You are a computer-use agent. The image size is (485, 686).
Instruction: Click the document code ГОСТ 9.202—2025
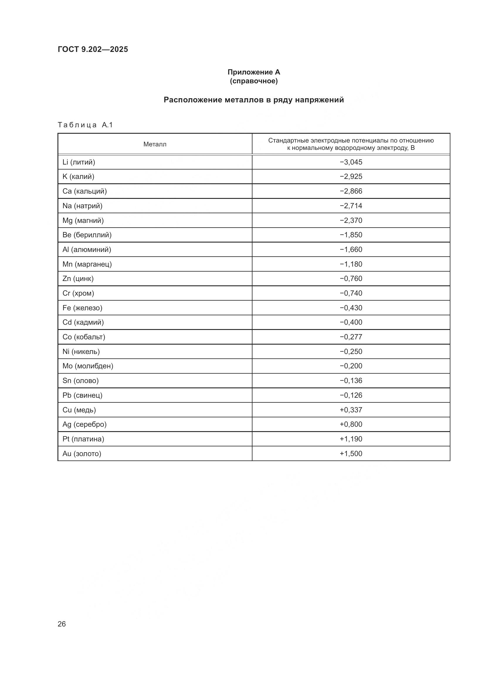click(93, 49)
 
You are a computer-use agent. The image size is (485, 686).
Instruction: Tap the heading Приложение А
click(254, 72)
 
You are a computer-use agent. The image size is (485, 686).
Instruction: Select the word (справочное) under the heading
click(254, 81)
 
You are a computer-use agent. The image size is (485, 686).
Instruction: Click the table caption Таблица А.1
click(85, 125)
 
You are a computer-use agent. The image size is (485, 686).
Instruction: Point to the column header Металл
click(155, 144)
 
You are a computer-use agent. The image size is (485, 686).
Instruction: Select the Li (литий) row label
click(79, 162)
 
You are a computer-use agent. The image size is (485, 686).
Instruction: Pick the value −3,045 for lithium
click(351, 162)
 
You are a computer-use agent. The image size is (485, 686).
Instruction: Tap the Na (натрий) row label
click(82, 206)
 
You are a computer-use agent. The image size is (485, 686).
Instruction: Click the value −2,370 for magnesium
click(351, 221)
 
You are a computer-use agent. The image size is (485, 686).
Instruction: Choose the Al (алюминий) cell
click(87, 250)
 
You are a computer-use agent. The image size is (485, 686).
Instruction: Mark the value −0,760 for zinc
click(351, 278)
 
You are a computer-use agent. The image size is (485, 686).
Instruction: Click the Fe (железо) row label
click(82, 308)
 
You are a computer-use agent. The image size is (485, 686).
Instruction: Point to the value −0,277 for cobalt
click(351, 337)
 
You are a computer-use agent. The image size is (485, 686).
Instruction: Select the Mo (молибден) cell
click(88, 366)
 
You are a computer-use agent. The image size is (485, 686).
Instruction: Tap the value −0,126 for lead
click(351, 395)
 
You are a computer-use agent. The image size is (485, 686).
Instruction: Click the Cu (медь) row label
click(79, 410)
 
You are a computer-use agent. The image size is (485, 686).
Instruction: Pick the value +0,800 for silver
click(351, 424)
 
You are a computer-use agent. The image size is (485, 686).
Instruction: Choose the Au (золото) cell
click(82, 453)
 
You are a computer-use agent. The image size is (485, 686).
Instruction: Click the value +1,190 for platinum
click(351, 439)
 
